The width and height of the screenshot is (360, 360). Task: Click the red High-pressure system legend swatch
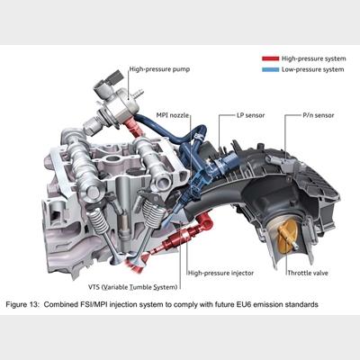pos(270,58)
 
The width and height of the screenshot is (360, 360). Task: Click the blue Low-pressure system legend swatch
pos(270,69)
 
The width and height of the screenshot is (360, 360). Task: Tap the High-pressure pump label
pos(159,69)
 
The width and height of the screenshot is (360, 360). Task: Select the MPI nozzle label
pos(173,115)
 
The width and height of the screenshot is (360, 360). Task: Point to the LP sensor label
pos(250,115)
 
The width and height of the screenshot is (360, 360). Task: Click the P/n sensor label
pos(318,115)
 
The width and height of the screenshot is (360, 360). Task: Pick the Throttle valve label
pos(308,273)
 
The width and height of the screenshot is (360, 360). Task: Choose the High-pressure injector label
pos(220,273)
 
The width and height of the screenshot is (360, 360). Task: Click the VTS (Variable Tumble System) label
pos(132,287)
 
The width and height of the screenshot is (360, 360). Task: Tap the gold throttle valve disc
pos(287,238)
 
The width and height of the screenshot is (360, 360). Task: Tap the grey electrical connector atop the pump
pos(114,77)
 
